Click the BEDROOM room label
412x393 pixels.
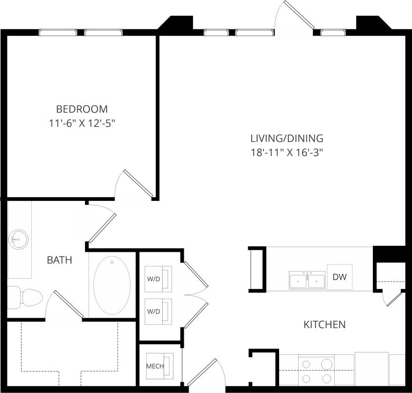(x=82, y=109)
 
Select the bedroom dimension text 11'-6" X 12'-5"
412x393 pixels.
(x=82, y=124)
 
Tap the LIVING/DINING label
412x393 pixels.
(x=286, y=138)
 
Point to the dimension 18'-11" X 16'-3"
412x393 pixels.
(x=286, y=153)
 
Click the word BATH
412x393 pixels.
(x=59, y=261)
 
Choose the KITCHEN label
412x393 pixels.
(x=325, y=324)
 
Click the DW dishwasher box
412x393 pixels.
(x=339, y=277)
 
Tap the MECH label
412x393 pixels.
(x=155, y=366)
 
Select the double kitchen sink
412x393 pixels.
(x=307, y=281)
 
